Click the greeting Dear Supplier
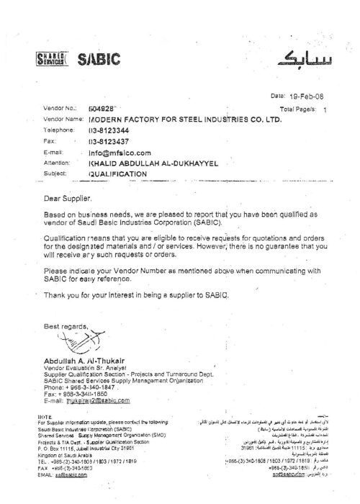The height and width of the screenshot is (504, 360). coord(68,197)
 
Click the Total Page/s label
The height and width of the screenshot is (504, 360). coord(296,107)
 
